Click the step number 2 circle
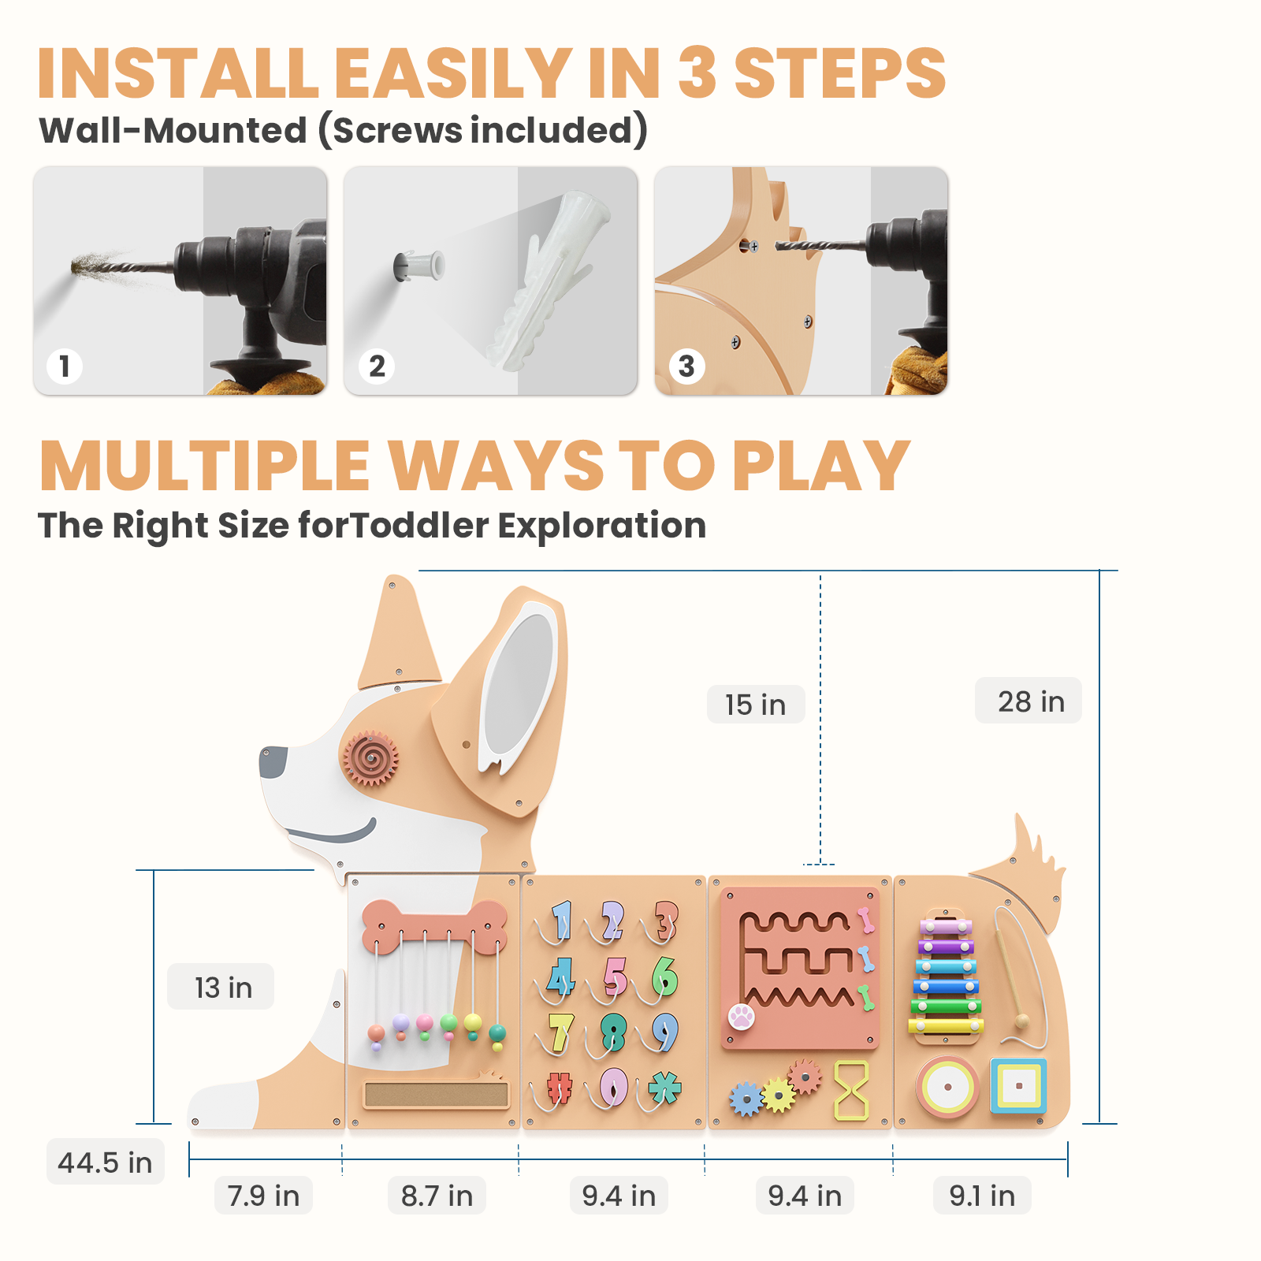[x=377, y=366]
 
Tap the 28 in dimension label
[x=1029, y=701]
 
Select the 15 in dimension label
[x=755, y=704]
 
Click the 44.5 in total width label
[x=105, y=1162]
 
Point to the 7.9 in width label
[x=263, y=1196]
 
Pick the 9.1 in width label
[x=981, y=1196]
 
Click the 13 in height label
[x=222, y=987]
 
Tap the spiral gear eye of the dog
[x=370, y=757]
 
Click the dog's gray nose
[x=273, y=762]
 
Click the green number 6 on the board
[x=664, y=976]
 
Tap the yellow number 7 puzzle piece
[x=560, y=1032]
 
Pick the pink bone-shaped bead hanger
[x=434, y=924]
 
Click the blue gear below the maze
[x=746, y=1098]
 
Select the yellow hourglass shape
[x=851, y=1090]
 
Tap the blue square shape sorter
[x=1018, y=1086]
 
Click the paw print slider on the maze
[x=741, y=1016]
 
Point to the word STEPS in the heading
[x=839, y=73]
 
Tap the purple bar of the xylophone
[x=946, y=947]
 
